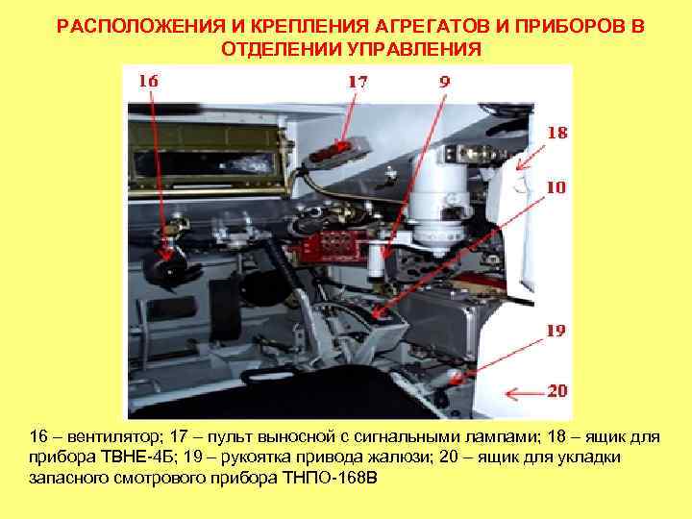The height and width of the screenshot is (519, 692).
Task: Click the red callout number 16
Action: tap(148, 82)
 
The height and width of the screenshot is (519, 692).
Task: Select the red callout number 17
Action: tap(357, 83)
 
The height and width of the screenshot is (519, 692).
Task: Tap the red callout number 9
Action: tap(444, 83)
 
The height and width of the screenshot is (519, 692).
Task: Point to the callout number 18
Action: tap(556, 134)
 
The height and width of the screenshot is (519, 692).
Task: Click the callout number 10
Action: tap(556, 187)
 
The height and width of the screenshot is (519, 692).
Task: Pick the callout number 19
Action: tap(556, 331)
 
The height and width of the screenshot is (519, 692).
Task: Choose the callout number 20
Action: tap(556, 391)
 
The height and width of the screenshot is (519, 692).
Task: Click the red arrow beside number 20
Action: tap(523, 392)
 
